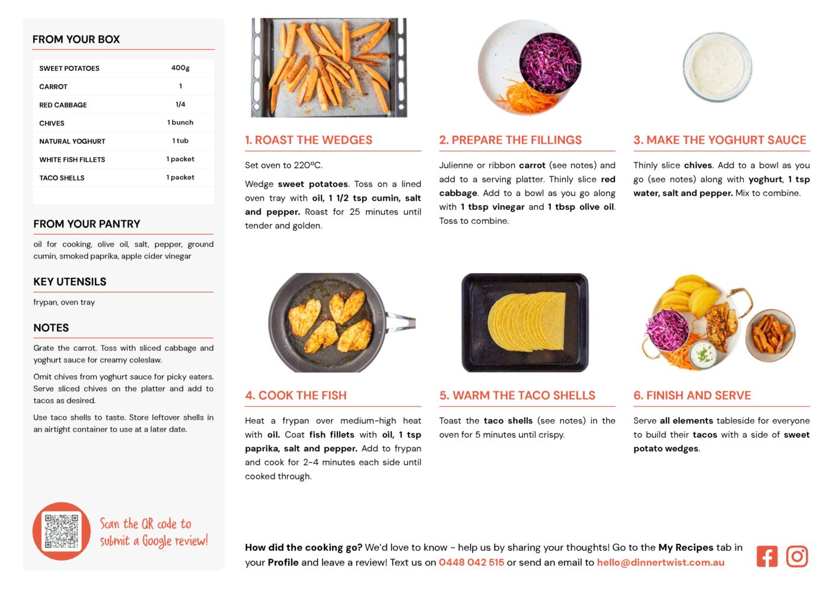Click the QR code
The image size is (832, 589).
62,531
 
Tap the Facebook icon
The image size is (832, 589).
767,556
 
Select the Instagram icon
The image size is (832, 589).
796,556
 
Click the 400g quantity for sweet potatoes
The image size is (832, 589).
180,68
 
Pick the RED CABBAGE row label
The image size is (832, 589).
63,105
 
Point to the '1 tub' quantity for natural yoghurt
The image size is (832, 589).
180,141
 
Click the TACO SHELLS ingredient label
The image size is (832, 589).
62,178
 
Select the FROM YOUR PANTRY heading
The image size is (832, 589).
87,224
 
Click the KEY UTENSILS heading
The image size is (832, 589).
70,281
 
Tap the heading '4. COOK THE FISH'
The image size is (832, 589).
296,395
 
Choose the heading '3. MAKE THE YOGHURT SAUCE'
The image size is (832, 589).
720,140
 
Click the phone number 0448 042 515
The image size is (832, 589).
471,562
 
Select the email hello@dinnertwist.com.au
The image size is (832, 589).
661,562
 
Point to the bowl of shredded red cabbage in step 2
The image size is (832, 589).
550,63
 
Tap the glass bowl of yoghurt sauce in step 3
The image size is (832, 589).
717,67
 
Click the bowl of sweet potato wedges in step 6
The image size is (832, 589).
770,335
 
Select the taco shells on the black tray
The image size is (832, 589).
527,322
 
